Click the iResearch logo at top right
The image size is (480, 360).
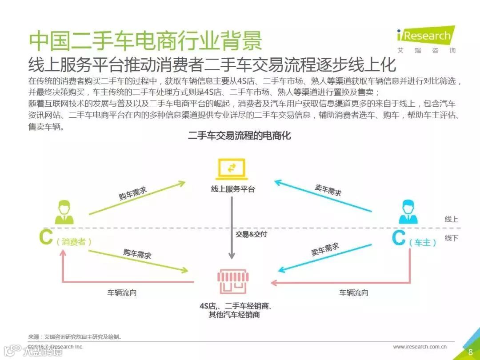coord(425,36)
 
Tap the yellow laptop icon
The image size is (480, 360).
coord(231,169)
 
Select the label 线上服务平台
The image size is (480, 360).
coord(233,189)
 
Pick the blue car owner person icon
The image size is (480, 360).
coord(408,212)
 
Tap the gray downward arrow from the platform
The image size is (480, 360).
coord(232,227)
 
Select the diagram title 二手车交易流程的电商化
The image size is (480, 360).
coord(240,136)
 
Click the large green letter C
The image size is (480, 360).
coord(46,238)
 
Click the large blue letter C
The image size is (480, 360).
coord(399,239)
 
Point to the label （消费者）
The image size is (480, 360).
coord(74,242)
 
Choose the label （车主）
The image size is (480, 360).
coord(423,243)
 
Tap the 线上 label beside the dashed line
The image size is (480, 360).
coord(451,219)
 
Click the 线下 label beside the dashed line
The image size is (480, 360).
coord(451,238)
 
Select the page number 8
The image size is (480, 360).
coord(470,352)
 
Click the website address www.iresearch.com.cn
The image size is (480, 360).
coord(420,347)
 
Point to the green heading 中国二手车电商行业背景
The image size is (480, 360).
coord(145,41)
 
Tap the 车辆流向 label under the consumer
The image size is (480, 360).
coord(121,293)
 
